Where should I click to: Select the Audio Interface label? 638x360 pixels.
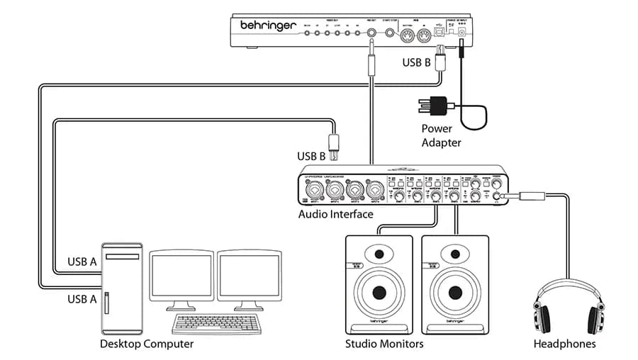335,214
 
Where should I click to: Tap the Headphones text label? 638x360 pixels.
564,344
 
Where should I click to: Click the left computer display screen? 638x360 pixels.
181,276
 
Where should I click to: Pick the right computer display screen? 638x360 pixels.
249,276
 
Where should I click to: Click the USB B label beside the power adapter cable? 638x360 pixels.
417,62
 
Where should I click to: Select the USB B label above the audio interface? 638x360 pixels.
311,155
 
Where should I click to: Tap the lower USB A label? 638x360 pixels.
82,299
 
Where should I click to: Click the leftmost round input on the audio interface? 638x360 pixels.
313,191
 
